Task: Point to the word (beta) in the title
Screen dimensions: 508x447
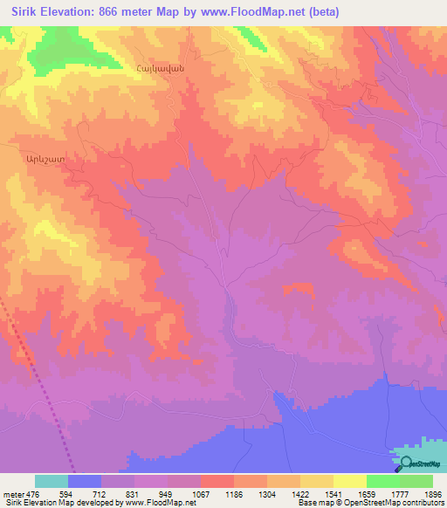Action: click(x=321, y=11)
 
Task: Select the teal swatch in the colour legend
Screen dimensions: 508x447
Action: click(x=51, y=481)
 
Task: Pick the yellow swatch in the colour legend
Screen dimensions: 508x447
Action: click(x=349, y=481)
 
